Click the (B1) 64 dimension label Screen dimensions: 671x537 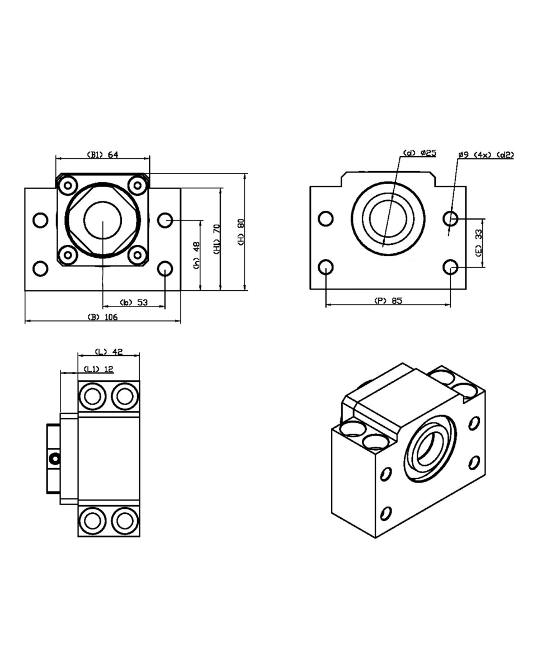pos(102,154)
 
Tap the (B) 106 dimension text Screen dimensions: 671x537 pos(102,317)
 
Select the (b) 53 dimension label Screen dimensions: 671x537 pos(134,303)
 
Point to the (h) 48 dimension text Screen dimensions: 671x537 pos(196,256)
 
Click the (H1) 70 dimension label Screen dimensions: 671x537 pos(217,239)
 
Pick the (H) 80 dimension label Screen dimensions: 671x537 pos(241,230)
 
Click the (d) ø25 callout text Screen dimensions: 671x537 pos(420,153)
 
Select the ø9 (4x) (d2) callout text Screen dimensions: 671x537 pos(486,154)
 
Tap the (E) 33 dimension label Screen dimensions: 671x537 pos(479,242)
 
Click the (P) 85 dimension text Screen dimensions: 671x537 pos(388,300)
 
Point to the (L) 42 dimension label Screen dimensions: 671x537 pos(109,352)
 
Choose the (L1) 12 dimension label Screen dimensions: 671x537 pos(98,369)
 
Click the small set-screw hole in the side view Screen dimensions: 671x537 pos(55,459)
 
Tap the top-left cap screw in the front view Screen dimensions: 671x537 pos(68,184)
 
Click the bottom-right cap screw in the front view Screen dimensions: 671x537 pos(136,255)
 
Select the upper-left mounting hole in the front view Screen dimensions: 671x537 pos(40,220)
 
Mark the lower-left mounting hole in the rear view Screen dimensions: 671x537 pos(326,267)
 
